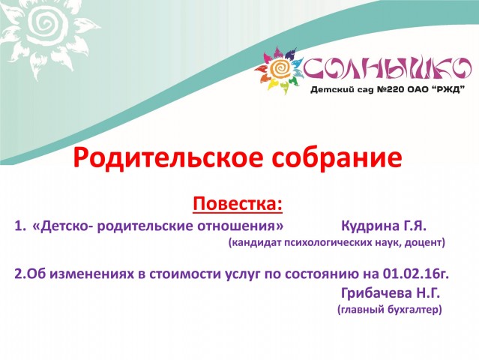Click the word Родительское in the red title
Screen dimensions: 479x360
point(167,158)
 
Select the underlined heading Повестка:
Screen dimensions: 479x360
point(238,203)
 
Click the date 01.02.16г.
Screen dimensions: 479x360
point(416,274)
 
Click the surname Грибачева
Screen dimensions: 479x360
point(376,294)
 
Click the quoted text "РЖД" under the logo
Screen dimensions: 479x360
point(450,89)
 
